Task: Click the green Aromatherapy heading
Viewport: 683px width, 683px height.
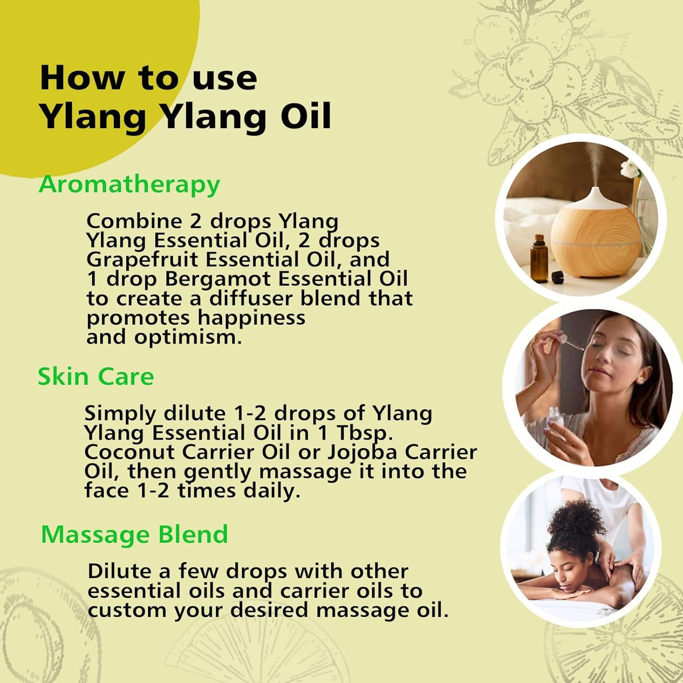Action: click(129, 184)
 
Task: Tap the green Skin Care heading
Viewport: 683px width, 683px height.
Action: click(95, 377)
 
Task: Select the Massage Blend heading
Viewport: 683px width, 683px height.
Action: click(134, 535)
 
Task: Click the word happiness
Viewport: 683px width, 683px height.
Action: click(251, 318)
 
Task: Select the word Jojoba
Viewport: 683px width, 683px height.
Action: click(363, 452)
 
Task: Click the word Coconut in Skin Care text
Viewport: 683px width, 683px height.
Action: click(130, 452)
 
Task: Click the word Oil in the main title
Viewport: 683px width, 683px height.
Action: click(306, 116)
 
